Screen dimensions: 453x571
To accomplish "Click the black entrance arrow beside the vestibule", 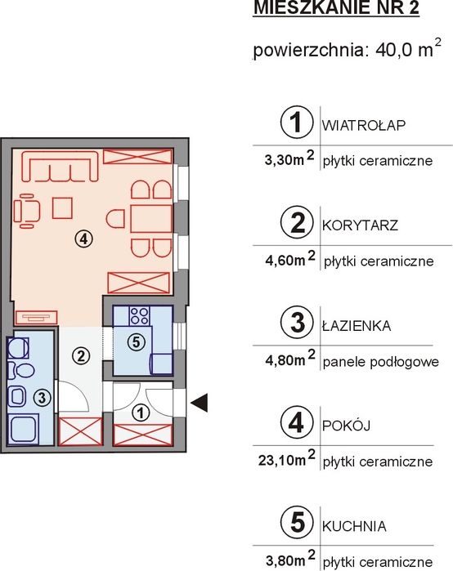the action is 200,403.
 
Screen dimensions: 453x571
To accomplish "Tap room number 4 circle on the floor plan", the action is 84,239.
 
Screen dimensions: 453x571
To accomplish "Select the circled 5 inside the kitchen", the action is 137,341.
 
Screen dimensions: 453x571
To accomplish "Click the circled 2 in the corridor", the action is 81,355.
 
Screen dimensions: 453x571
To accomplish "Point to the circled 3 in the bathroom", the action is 42,397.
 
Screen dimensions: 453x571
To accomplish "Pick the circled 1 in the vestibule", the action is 141,413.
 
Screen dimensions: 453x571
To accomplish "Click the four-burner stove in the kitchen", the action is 140,316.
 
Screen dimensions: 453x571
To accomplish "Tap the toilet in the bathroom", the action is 21,370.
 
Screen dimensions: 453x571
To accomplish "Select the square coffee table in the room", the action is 62,208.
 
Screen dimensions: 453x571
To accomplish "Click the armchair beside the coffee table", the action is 26,212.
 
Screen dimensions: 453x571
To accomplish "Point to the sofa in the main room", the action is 61,167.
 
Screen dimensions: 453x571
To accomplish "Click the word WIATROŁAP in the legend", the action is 363,125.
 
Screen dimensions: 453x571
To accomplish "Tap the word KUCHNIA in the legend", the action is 354,526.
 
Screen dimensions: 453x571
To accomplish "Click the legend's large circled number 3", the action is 297,323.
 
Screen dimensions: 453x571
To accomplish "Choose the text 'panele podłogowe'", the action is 381,362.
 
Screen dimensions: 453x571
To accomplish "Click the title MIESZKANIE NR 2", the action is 336,8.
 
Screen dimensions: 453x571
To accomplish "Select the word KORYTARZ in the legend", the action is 360,225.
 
